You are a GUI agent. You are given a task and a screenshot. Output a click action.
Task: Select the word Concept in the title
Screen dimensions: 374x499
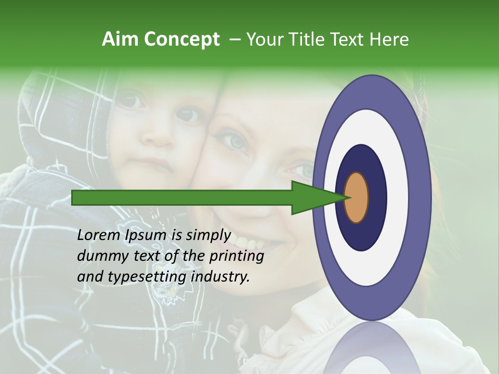181,39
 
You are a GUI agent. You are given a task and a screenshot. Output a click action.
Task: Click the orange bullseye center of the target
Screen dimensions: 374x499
356,197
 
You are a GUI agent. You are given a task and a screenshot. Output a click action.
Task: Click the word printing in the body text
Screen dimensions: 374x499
238,256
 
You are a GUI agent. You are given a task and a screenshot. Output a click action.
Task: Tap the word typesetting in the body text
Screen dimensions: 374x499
147,277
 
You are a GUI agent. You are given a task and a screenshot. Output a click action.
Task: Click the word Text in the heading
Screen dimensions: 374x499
349,39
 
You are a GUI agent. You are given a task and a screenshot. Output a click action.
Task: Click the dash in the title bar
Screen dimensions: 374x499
234,39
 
